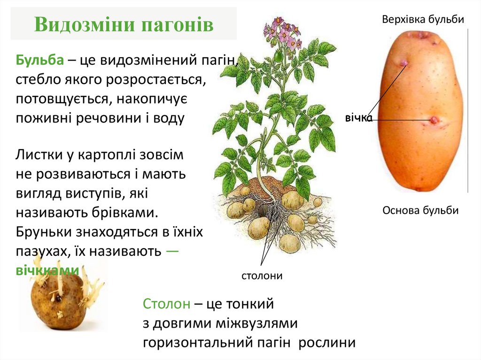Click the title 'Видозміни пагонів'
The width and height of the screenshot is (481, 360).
click(124, 25)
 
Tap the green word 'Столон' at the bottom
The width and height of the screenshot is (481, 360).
click(167, 304)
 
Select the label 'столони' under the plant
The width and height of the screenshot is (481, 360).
click(262, 276)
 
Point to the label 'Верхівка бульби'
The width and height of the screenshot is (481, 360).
click(423, 20)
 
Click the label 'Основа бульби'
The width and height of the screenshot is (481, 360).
click(420, 210)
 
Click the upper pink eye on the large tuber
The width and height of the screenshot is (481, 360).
click(403, 63)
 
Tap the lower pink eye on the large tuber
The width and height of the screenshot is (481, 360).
click(434, 120)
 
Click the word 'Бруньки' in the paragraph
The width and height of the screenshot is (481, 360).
click(45, 232)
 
